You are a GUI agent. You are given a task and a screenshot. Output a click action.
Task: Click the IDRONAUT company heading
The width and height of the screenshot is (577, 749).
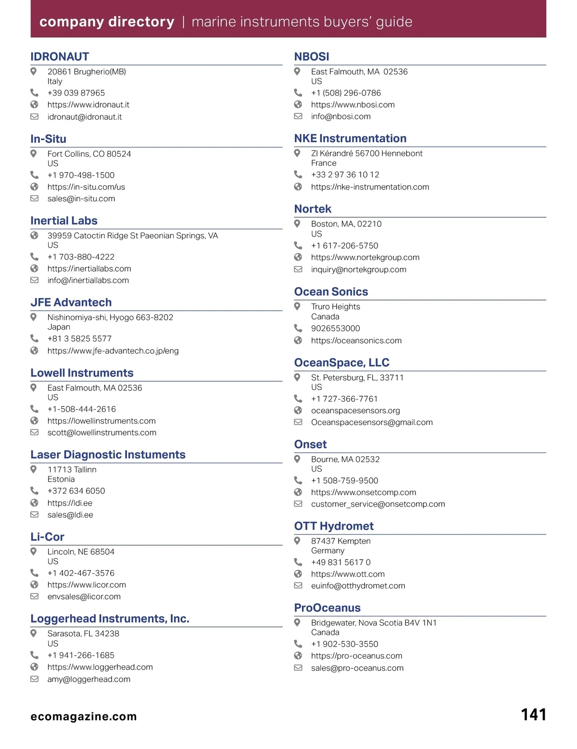pos(60,57)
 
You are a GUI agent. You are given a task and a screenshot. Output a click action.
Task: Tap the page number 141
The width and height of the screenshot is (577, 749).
pos(533,714)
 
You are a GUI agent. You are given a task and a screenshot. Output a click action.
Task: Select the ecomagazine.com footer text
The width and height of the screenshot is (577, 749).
pos(84,716)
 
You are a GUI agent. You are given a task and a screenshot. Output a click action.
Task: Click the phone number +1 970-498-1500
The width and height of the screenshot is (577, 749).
pos(81,175)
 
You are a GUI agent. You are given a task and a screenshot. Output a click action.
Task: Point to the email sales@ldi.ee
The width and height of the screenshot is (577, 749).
pos(70,515)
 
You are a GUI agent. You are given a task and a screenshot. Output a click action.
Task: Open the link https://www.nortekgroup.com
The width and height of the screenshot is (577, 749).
pos(365,258)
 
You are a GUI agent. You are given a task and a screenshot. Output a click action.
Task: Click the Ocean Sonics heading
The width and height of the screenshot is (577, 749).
pos(331,292)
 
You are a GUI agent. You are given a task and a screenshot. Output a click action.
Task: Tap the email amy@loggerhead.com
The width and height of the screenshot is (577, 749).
pos(89,679)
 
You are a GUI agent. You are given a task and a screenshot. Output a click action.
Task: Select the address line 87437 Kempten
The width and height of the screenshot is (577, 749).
pos(340,541)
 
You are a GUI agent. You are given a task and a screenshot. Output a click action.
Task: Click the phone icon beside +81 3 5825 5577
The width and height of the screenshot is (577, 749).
pos(34,338)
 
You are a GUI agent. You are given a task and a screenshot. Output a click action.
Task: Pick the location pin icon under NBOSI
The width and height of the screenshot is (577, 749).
pos(298,72)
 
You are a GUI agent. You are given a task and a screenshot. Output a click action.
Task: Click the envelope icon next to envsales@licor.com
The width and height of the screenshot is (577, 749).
pos(34,597)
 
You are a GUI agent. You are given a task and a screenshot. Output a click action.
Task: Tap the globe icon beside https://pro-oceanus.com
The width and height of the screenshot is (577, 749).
pos(298,656)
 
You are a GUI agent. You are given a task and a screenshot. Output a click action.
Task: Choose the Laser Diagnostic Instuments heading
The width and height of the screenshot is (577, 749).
pos(108,455)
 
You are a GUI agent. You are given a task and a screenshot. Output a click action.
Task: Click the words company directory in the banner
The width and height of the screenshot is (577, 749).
pos(107,22)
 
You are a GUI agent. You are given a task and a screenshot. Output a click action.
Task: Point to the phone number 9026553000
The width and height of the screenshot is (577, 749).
pos(335,328)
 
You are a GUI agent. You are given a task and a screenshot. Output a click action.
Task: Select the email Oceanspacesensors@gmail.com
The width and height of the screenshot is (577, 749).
pos(372,423)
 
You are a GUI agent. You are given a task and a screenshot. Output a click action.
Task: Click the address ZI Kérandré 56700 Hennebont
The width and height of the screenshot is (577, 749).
pos(366,153)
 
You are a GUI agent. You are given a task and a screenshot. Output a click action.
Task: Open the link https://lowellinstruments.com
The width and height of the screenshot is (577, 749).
pos(101,421)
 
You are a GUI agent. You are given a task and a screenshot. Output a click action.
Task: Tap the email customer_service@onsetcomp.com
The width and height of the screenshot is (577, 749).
pos(378,504)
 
